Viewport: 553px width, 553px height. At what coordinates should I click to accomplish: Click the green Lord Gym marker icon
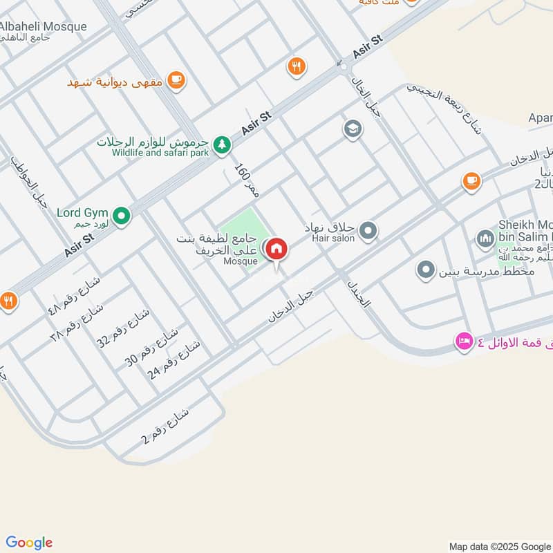[x=122, y=218]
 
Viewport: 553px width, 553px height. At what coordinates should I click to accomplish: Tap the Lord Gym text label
[x=82, y=214]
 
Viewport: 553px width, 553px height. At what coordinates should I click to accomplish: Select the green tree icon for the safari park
[x=221, y=144]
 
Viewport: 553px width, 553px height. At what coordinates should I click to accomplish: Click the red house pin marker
[x=276, y=250]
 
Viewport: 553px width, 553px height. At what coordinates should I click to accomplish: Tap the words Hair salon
[x=333, y=238]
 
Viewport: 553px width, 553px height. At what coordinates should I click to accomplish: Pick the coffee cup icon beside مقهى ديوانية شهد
[x=176, y=82]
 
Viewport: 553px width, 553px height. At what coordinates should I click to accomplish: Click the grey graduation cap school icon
[x=353, y=129]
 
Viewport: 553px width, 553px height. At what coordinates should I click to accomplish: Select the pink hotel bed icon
[x=463, y=341]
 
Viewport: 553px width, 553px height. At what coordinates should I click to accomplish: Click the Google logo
[x=29, y=543]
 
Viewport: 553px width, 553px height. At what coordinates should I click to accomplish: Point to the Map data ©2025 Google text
[x=499, y=545]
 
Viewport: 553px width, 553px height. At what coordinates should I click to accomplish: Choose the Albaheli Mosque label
[x=43, y=27]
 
